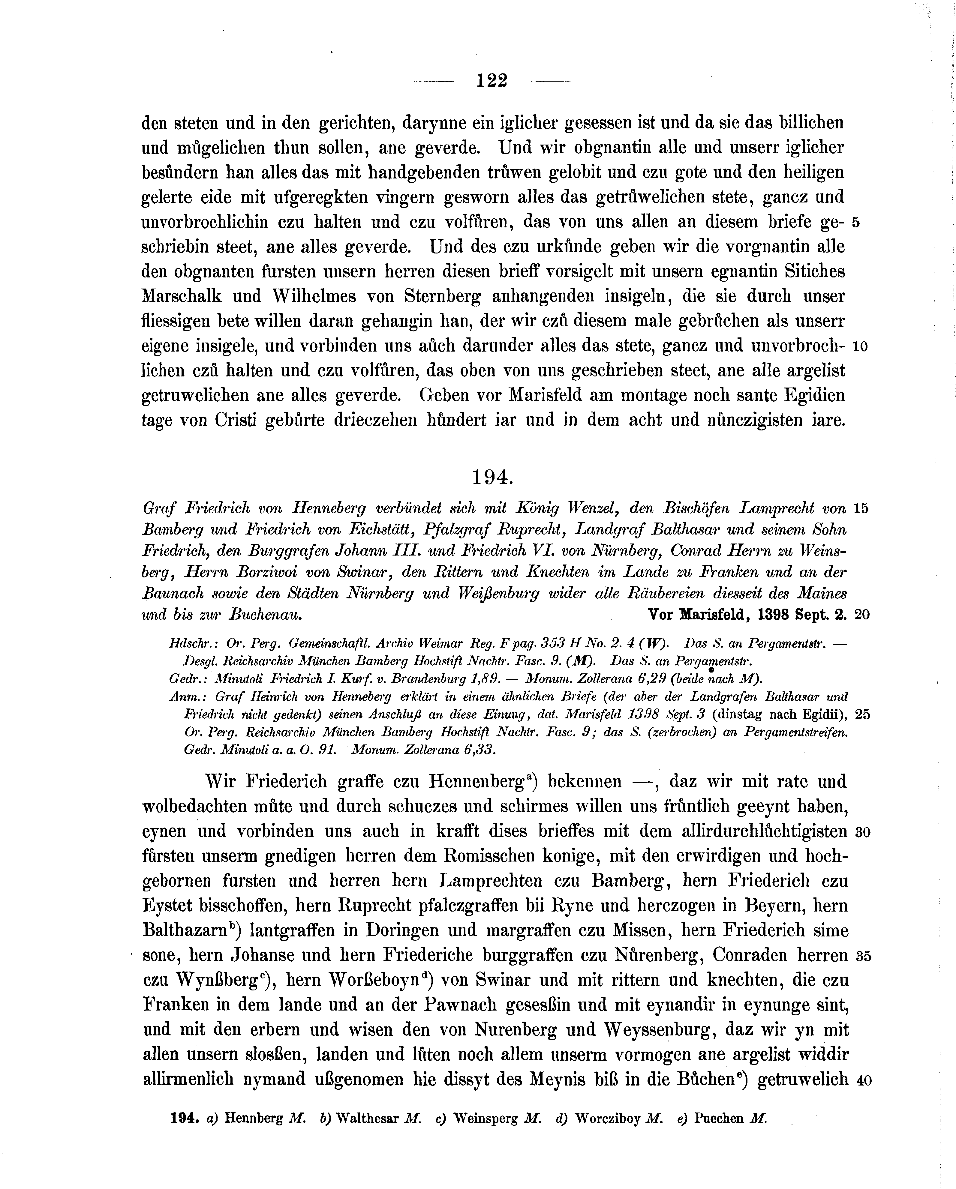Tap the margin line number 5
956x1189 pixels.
click(x=855, y=223)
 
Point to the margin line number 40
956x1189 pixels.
click(x=863, y=1081)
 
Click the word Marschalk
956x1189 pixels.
click(x=182, y=297)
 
